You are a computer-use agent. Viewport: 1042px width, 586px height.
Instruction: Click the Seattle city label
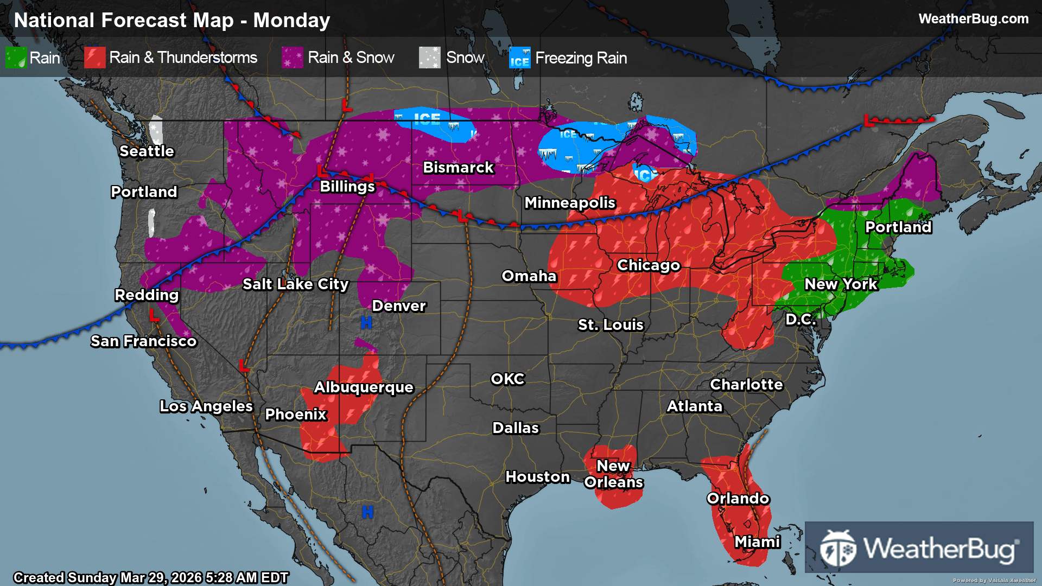[x=147, y=151]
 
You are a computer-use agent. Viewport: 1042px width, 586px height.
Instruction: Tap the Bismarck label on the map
[x=458, y=167]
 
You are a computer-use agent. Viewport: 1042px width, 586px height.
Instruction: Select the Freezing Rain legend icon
[x=519, y=58]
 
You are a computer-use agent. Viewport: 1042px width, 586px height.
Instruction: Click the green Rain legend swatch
[x=16, y=58]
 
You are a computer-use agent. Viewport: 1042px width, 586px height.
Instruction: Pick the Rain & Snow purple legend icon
[x=293, y=58]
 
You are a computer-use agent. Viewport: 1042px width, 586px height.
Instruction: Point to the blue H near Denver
[x=366, y=323]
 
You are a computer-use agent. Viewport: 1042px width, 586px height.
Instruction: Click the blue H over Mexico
[x=367, y=512]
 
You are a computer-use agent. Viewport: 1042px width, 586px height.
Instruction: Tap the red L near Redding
[x=154, y=315]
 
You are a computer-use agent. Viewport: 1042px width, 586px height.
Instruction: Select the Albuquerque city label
[x=364, y=387]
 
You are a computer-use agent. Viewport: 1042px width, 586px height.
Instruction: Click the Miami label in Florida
[x=757, y=542]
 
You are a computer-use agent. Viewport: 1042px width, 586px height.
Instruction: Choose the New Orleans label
[x=613, y=474]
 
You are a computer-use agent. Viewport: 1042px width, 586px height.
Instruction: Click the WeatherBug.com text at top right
[x=973, y=19]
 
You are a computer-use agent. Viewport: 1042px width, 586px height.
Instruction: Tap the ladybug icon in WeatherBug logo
[x=838, y=549]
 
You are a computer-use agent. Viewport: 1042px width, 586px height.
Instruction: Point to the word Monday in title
[x=291, y=20]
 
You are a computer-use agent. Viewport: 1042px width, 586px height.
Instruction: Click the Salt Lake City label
[x=295, y=284]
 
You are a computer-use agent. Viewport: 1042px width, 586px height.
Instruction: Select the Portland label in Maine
[x=898, y=227]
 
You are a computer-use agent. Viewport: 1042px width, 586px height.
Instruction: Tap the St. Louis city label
[x=611, y=324]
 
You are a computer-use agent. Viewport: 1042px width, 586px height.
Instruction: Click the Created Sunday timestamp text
[x=151, y=577]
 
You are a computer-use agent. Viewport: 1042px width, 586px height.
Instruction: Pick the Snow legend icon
[x=429, y=58]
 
